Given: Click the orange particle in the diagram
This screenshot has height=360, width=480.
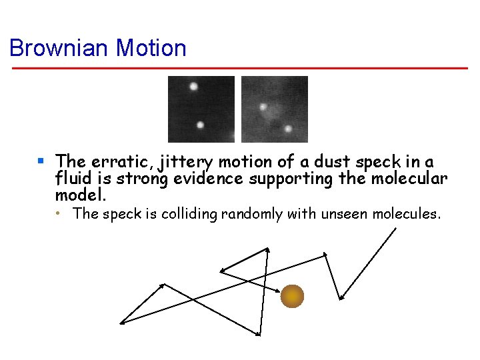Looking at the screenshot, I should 292,295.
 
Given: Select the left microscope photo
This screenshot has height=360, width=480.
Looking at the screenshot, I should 201,109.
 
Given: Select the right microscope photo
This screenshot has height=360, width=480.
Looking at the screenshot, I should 274,109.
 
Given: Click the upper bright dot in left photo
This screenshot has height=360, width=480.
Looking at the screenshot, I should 194,86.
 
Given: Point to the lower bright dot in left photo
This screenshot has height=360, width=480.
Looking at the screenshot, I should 200,125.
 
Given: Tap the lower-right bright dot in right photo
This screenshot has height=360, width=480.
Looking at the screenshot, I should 288,129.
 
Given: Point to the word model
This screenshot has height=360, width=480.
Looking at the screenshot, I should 81,196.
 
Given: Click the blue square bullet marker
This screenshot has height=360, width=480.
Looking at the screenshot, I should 41,161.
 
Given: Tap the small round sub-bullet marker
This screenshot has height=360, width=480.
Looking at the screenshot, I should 59,214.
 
